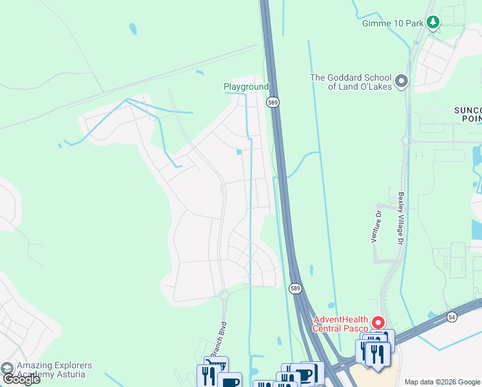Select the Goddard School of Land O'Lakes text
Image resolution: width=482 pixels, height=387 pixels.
(x=351, y=82)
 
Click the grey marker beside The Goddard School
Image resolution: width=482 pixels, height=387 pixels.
(x=402, y=81)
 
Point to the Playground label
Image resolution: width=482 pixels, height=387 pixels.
(x=246, y=86)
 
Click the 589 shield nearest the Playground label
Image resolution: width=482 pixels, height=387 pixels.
(x=274, y=102)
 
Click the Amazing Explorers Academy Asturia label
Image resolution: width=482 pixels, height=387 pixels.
(x=54, y=370)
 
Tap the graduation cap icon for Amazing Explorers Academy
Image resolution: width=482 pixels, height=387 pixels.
(x=7, y=368)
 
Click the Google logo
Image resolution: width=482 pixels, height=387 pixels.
(x=21, y=379)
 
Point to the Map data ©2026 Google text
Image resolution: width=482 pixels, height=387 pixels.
(x=442, y=382)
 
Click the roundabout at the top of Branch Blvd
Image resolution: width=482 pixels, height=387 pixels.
(x=224, y=295)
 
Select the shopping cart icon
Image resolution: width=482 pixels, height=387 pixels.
(x=216, y=365)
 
